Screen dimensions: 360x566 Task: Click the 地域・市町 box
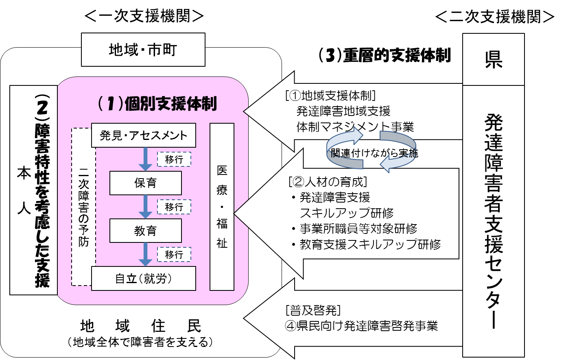143,50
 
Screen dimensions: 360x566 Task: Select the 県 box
493,59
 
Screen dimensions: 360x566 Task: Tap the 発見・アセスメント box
143,135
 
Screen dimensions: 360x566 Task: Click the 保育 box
145,183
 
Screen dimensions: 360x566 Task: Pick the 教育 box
145,231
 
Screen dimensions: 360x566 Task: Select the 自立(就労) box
143,278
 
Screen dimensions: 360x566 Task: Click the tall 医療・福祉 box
222,207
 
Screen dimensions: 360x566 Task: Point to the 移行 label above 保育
174,159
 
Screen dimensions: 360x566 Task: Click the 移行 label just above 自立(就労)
174,255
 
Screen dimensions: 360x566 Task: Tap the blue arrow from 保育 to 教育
145,207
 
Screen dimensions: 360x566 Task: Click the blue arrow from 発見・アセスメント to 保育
145,159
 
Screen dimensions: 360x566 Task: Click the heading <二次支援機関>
494,17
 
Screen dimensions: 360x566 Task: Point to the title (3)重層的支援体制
385,55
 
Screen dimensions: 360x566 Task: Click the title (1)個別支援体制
157,104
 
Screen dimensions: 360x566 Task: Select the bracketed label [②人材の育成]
328,181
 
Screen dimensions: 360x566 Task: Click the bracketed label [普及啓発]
313,310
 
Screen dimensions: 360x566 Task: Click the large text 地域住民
140,326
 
